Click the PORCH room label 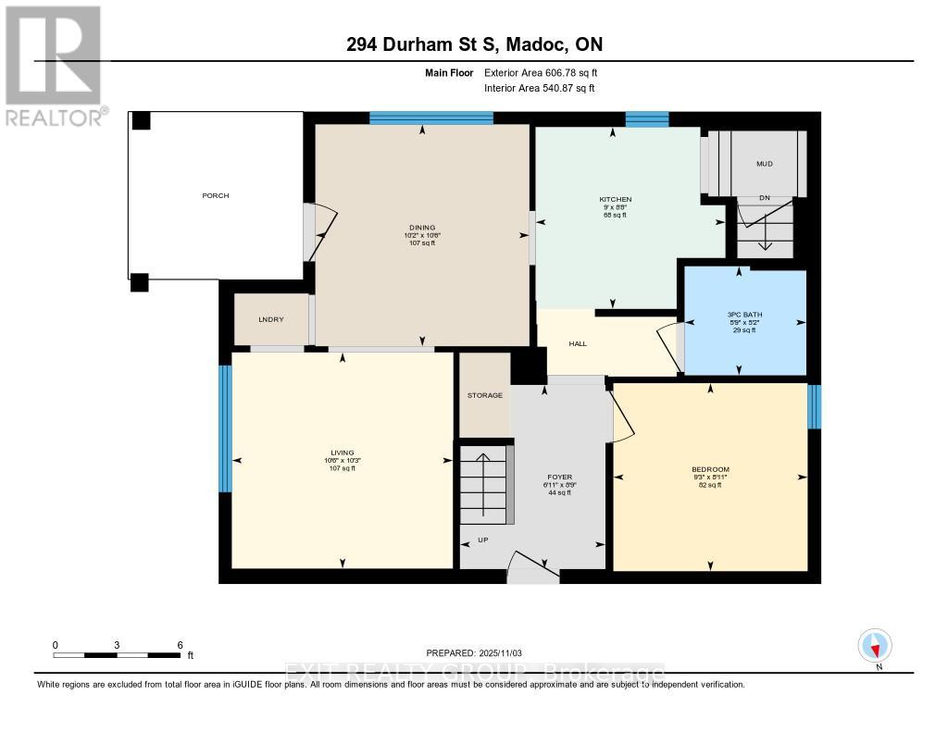pyautogui.click(x=216, y=195)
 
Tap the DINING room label pyautogui.click(x=422, y=228)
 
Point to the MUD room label pyautogui.click(x=764, y=164)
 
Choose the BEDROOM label pyautogui.click(x=710, y=469)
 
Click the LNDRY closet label pyautogui.click(x=270, y=319)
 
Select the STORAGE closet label pyautogui.click(x=485, y=395)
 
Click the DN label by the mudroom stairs pyautogui.click(x=764, y=198)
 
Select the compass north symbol pyautogui.click(x=874, y=645)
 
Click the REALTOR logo pyautogui.click(x=54, y=66)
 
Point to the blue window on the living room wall pyautogui.click(x=224, y=428)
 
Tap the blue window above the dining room pyautogui.click(x=430, y=118)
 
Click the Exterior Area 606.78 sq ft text pyautogui.click(x=547, y=72)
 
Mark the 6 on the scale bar pyautogui.click(x=180, y=644)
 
